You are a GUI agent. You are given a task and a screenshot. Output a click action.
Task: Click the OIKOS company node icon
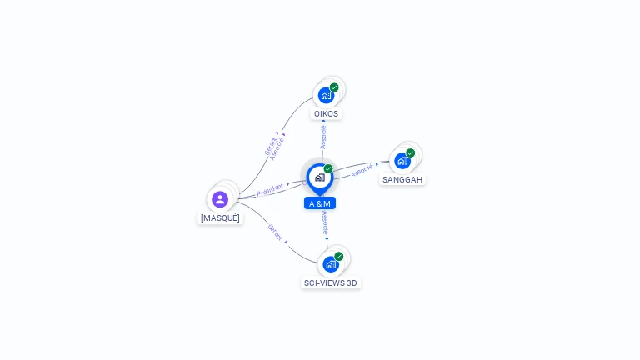point(325,95)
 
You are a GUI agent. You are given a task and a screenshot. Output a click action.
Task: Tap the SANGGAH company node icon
point(402,161)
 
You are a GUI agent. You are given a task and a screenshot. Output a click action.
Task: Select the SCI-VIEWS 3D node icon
point(331,264)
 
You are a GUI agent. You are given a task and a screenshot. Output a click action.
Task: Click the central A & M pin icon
point(319,177)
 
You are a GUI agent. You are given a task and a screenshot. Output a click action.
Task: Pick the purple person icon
point(220,199)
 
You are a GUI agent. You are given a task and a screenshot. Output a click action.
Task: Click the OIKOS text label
point(327,113)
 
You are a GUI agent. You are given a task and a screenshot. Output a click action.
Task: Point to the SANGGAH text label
point(403,179)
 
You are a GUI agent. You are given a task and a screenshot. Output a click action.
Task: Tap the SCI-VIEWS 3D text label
point(331,282)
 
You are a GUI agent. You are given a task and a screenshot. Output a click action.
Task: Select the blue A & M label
point(320,203)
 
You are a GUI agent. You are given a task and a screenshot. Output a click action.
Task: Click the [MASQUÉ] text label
point(220,217)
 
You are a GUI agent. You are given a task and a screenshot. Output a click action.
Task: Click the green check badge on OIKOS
point(334,87)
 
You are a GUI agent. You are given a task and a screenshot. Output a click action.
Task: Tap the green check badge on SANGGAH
point(411,153)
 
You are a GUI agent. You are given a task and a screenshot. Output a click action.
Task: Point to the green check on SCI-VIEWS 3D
point(339,257)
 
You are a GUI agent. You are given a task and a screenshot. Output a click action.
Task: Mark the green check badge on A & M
point(328,169)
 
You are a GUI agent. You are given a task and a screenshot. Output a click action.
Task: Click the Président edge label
point(270,190)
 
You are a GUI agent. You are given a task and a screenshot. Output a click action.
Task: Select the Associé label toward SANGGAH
point(362,171)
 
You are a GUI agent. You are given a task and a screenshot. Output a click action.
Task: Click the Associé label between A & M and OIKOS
point(323,137)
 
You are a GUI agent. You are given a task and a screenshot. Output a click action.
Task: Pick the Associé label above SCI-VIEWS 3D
point(324,222)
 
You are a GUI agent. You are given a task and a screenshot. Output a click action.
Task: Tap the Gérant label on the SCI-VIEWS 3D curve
point(276,232)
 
